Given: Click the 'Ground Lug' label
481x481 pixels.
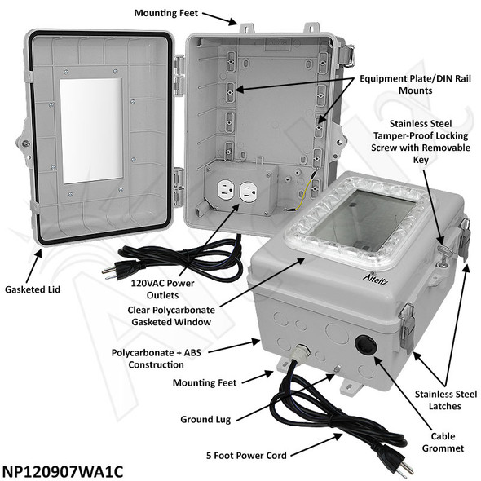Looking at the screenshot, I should pos(205,419).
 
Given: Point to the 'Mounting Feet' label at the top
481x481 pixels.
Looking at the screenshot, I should pos(164,14).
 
